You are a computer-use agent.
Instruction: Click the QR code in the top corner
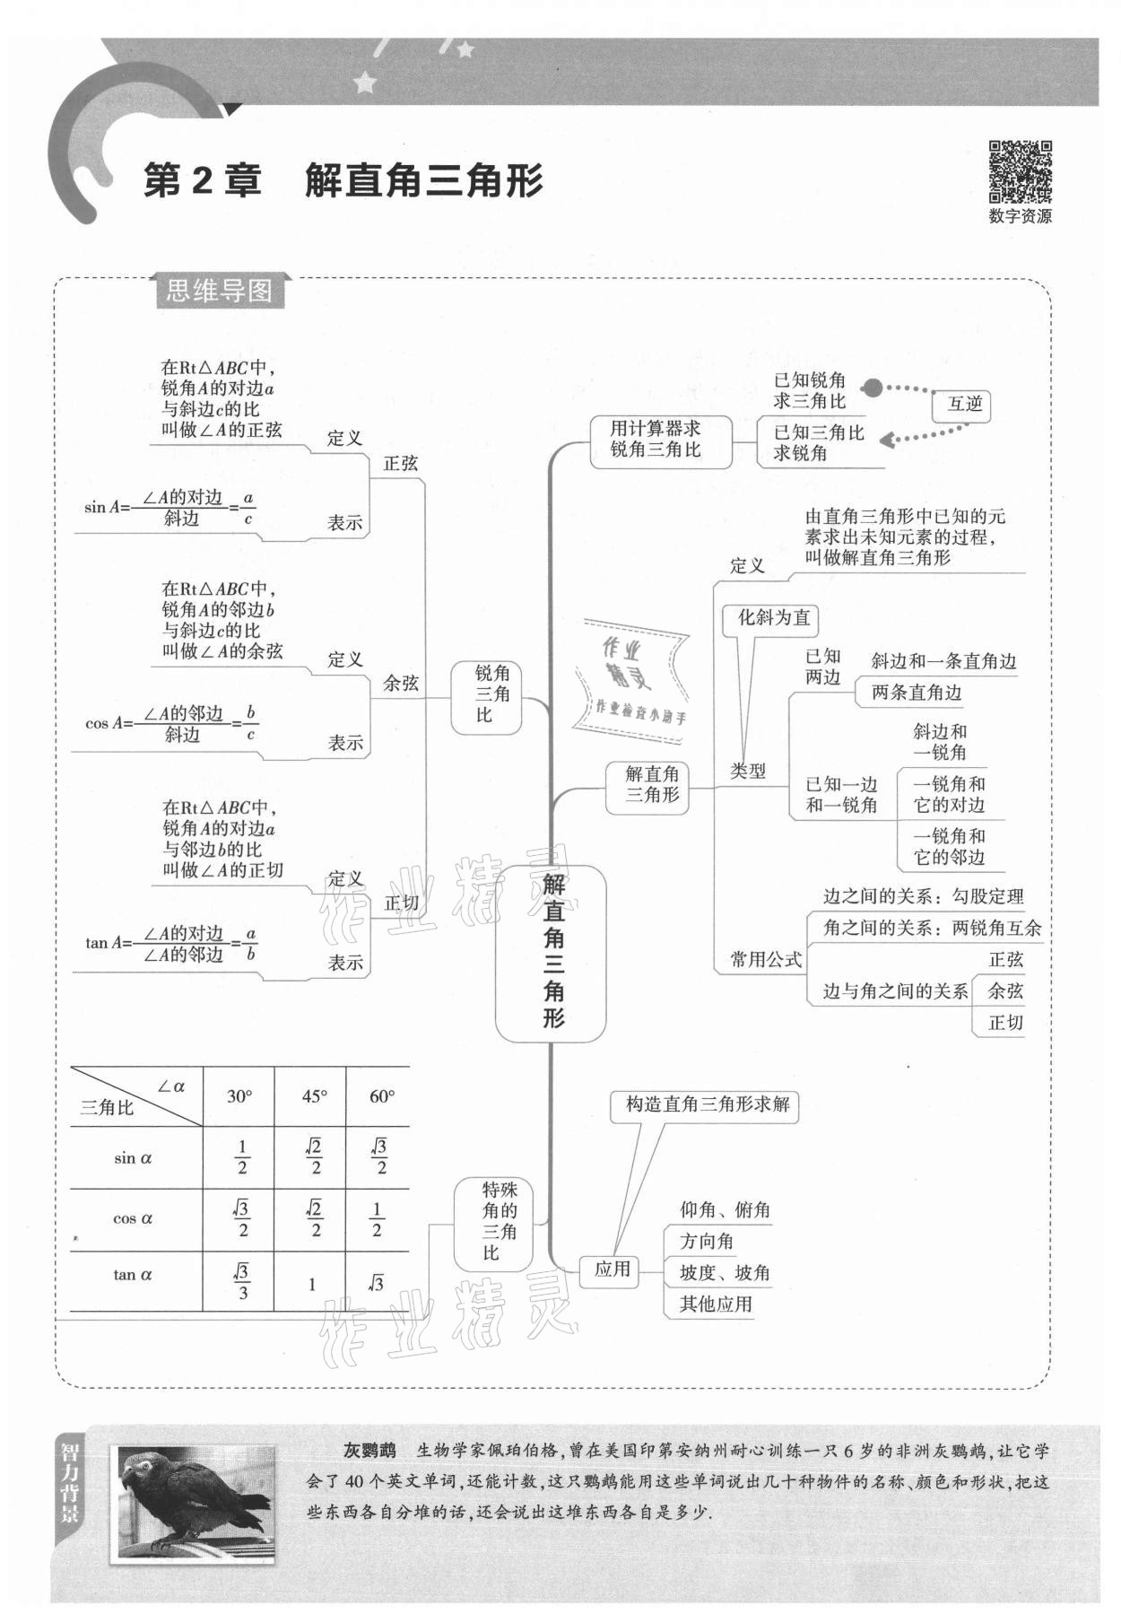[x=1020, y=171]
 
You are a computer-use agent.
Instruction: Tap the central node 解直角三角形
[x=552, y=953]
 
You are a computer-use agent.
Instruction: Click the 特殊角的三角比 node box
[x=492, y=1221]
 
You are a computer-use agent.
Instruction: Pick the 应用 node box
[x=612, y=1269]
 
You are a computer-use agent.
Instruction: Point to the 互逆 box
[x=965, y=404]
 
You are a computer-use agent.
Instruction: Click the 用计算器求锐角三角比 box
[x=656, y=440]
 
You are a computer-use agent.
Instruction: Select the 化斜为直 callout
[x=772, y=617]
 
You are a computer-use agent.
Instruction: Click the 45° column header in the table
[x=314, y=1096]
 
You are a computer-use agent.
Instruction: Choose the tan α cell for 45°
[x=312, y=1284]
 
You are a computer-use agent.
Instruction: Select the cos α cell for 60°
[x=378, y=1219]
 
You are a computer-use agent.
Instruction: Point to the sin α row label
[x=134, y=1157]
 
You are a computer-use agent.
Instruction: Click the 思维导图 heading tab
[x=219, y=291]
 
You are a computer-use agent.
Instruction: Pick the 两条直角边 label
[x=916, y=693]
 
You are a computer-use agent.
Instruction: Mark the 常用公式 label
[x=766, y=959]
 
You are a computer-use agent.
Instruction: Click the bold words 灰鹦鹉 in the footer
[x=368, y=1451]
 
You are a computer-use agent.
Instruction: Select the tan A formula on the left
[x=170, y=943]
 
